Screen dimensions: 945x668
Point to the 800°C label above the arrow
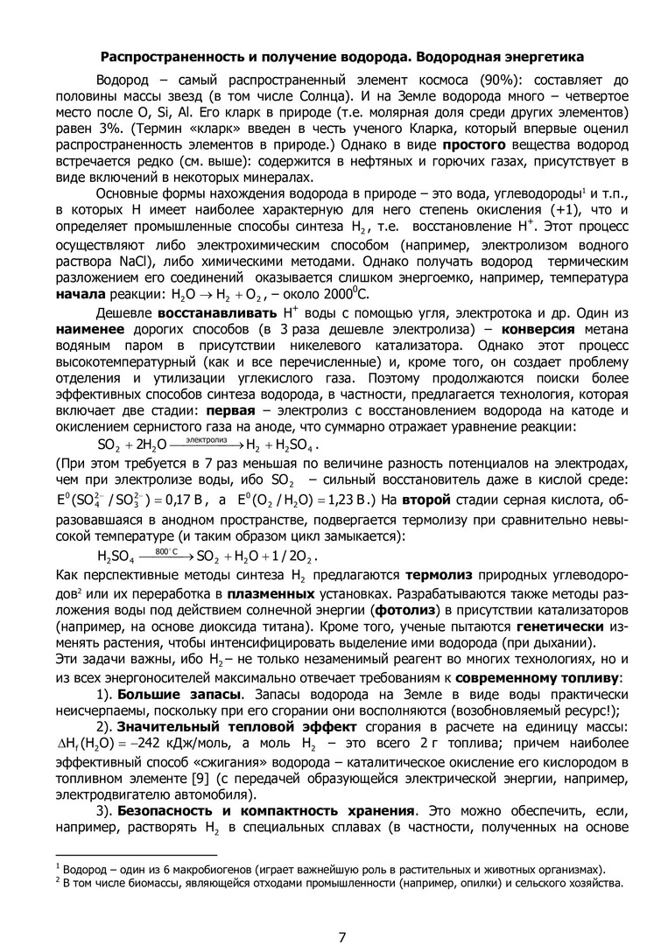(165, 552)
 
